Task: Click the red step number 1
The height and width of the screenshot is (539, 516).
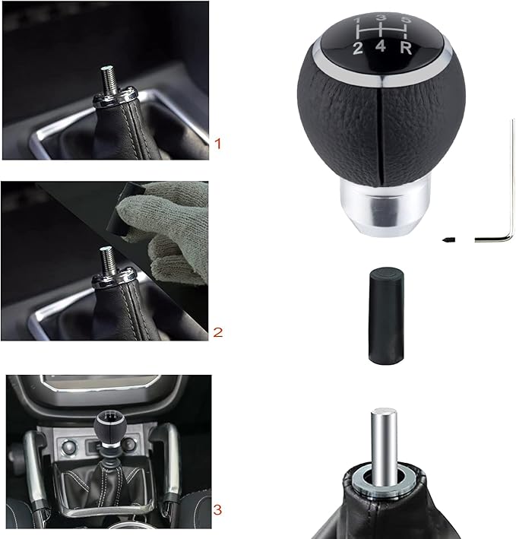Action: (219, 143)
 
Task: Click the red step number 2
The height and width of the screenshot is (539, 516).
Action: (219, 331)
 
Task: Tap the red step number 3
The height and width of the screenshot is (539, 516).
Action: (219, 509)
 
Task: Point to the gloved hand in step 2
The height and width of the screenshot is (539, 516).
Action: (171, 228)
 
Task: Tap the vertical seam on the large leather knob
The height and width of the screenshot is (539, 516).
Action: (378, 137)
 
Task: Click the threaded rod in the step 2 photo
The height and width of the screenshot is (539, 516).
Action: (109, 260)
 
